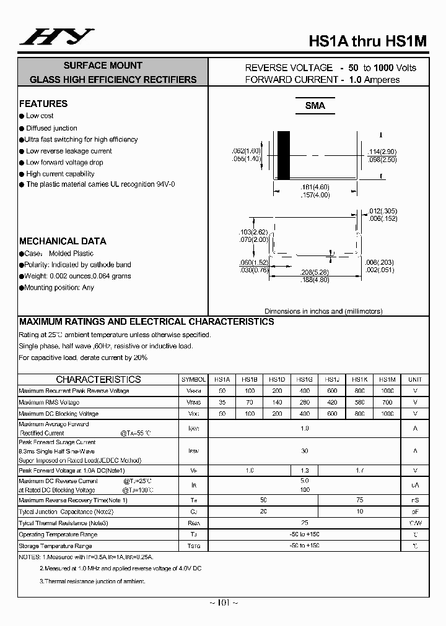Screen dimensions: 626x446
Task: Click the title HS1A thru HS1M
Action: (367, 41)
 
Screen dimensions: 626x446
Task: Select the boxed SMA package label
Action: (315, 106)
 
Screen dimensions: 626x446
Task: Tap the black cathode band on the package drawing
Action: (283, 155)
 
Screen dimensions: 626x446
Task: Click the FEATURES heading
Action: (43, 104)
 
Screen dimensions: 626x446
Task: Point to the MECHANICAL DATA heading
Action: (63, 241)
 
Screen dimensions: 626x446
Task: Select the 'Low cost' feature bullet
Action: (40, 116)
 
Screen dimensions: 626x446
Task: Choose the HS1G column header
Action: (304, 380)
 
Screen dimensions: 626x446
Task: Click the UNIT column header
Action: (414, 380)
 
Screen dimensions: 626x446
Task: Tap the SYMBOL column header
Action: (193, 380)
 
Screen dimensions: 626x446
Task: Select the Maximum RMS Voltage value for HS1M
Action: (387, 402)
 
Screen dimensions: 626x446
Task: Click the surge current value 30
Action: (304, 451)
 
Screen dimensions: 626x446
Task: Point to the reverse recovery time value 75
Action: (359, 499)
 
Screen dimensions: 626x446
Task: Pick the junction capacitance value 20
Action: (263, 511)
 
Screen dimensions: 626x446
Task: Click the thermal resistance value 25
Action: (304, 523)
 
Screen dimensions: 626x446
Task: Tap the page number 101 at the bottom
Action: (224, 603)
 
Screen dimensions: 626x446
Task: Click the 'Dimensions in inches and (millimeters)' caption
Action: (323, 311)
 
